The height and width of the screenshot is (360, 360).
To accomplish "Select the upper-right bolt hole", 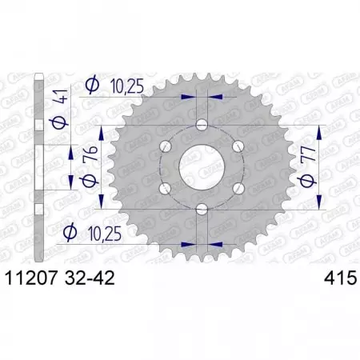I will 238,146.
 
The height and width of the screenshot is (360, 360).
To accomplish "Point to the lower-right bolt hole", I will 238,188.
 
